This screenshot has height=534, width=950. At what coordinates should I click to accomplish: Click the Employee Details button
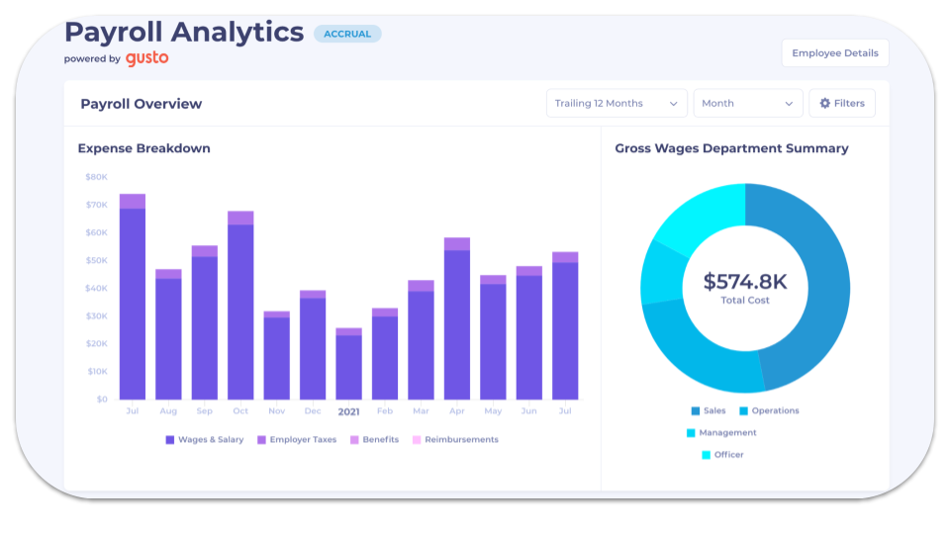point(834,53)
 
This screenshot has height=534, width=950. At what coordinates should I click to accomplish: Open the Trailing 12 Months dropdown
point(616,104)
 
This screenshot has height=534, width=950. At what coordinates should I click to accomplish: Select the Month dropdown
point(747,104)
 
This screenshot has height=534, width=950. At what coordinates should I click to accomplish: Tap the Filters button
point(841,104)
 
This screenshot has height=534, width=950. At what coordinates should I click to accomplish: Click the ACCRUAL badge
point(346,34)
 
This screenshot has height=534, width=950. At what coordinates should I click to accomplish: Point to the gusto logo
point(146,58)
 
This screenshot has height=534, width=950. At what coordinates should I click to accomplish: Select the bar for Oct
point(240,307)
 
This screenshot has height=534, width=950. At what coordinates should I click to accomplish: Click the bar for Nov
point(276,356)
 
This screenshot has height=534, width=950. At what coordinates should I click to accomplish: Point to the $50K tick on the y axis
point(97,261)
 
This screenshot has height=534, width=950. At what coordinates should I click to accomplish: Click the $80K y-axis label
point(97,177)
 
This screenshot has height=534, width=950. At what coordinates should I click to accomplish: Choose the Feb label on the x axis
point(384,410)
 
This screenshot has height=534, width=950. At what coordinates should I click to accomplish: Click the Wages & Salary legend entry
point(205,440)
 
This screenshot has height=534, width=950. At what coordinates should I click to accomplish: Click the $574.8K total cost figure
point(744,282)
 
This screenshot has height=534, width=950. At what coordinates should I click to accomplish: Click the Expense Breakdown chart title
point(143,148)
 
